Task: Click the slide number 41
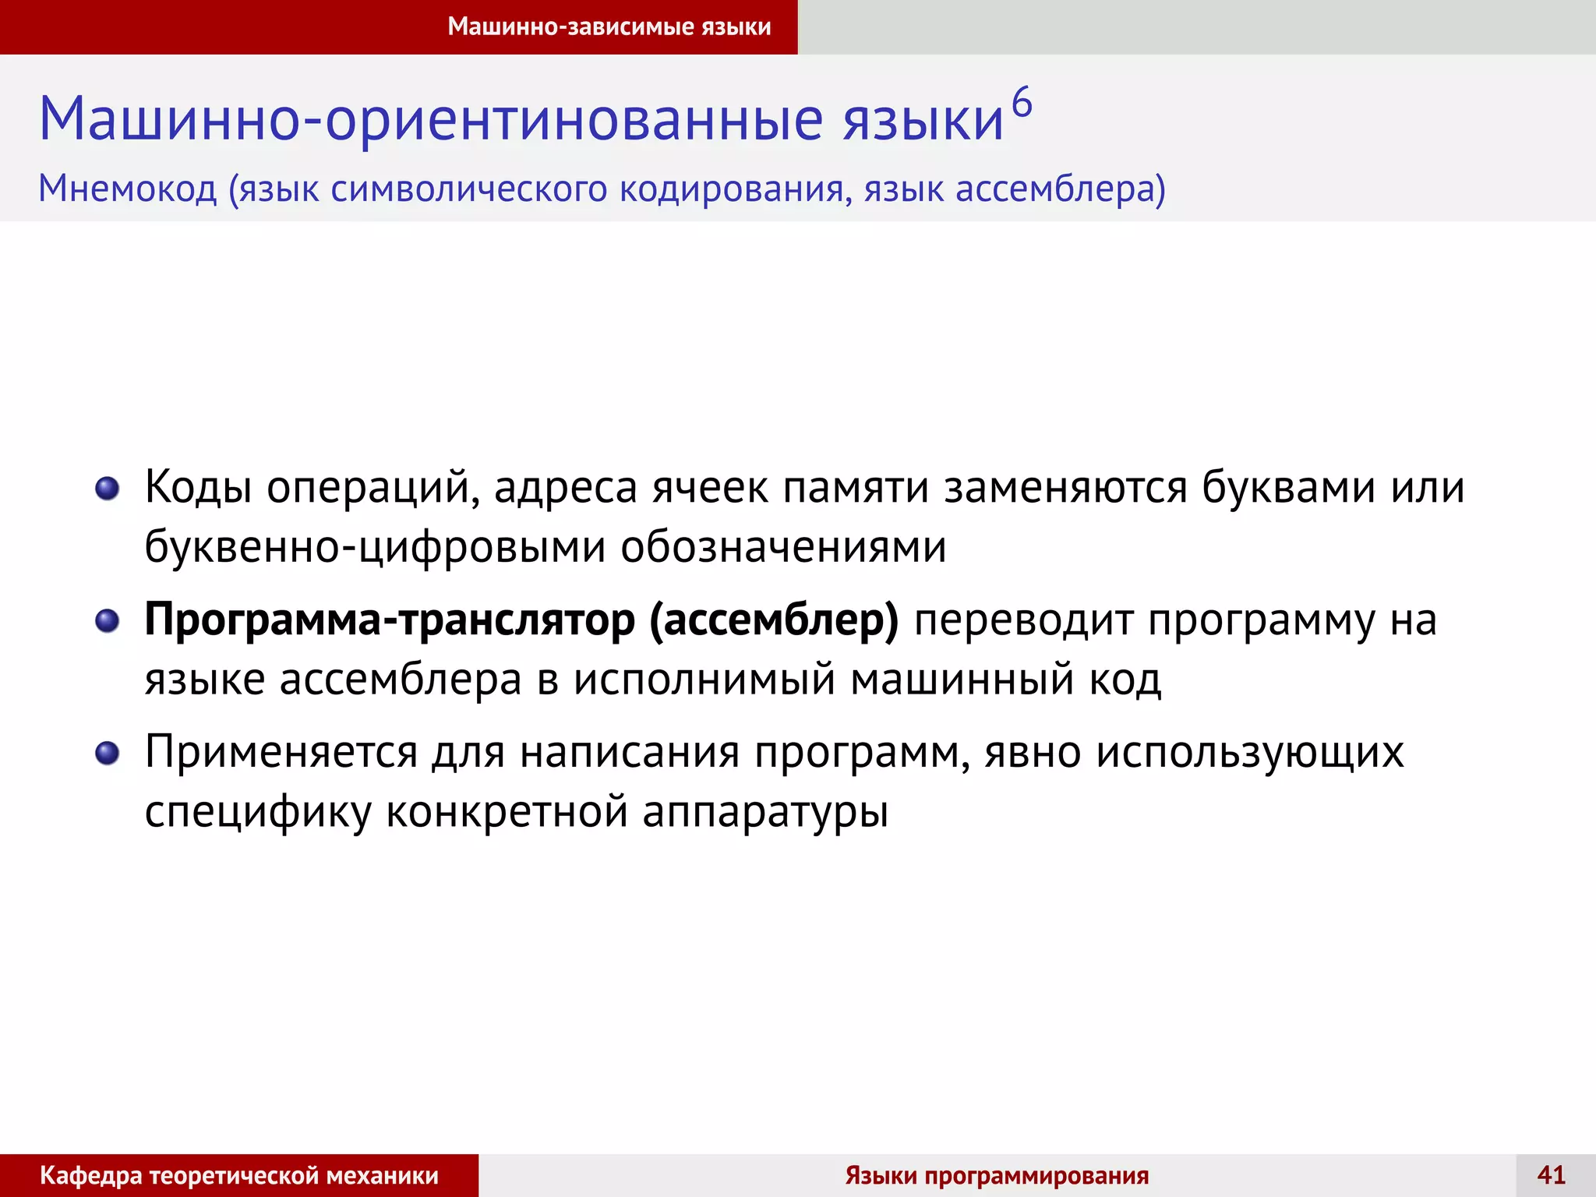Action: (1551, 1174)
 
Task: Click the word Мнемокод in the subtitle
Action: (128, 189)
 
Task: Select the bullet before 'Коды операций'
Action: (107, 489)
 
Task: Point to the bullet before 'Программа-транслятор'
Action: (107, 621)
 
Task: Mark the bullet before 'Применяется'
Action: (107, 754)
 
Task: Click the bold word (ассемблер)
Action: (774, 621)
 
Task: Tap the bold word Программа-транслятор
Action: (390, 621)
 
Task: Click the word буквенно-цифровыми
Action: (375, 547)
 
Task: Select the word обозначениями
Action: (783, 547)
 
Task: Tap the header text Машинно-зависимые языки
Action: (609, 26)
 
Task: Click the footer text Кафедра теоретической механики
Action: (239, 1175)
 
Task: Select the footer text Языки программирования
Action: (997, 1175)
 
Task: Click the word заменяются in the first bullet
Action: (1065, 489)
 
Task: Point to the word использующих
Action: (1250, 754)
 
